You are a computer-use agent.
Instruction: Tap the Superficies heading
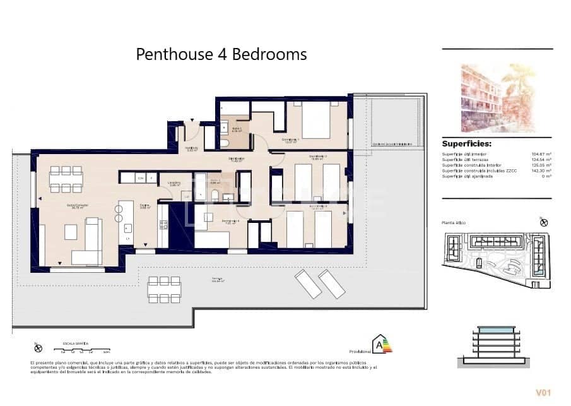point(466,143)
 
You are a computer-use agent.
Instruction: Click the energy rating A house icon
point(381,345)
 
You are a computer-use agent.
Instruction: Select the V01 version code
point(543,393)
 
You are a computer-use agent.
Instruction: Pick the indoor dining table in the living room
point(66,179)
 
